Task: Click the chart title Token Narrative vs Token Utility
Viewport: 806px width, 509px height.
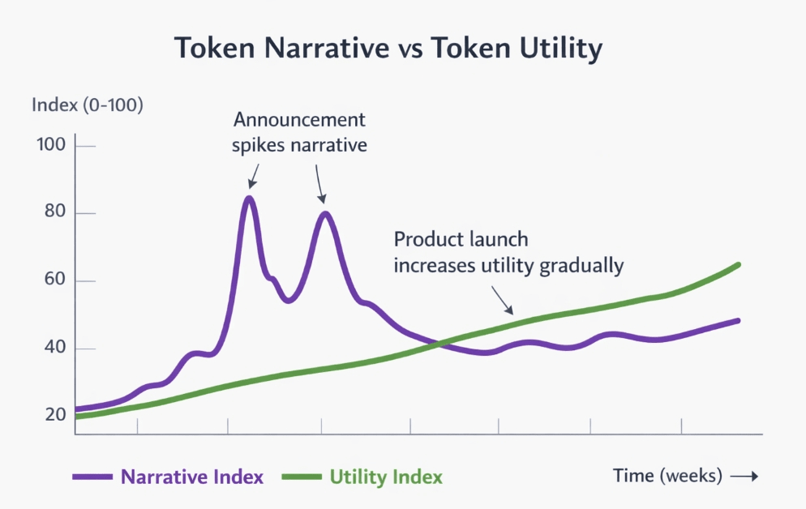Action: tap(388, 49)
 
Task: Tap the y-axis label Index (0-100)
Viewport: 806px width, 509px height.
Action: tap(87, 105)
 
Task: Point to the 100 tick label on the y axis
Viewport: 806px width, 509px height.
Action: tap(51, 146)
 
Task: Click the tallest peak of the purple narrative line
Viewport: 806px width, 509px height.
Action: tap(249, 198)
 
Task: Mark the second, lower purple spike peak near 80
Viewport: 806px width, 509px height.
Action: tap(325, 214)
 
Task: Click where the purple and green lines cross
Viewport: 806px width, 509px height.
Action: tap(439, 344)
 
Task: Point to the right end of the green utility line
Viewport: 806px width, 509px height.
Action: tap(738, 264)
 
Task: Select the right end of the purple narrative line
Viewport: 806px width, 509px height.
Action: tap(738, 320)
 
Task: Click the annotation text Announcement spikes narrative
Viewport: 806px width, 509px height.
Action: tap(299, 133)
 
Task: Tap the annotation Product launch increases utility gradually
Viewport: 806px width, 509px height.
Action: tap(508, 253)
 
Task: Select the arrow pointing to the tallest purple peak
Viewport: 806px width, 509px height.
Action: tap(254, 175)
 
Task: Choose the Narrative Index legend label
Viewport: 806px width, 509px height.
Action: tap(192, 477)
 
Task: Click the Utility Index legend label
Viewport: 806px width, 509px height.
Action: tap(386, 477)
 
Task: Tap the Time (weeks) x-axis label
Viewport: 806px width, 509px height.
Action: tap(667, 476)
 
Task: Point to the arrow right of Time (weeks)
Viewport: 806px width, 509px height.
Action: tap(744, 477)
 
